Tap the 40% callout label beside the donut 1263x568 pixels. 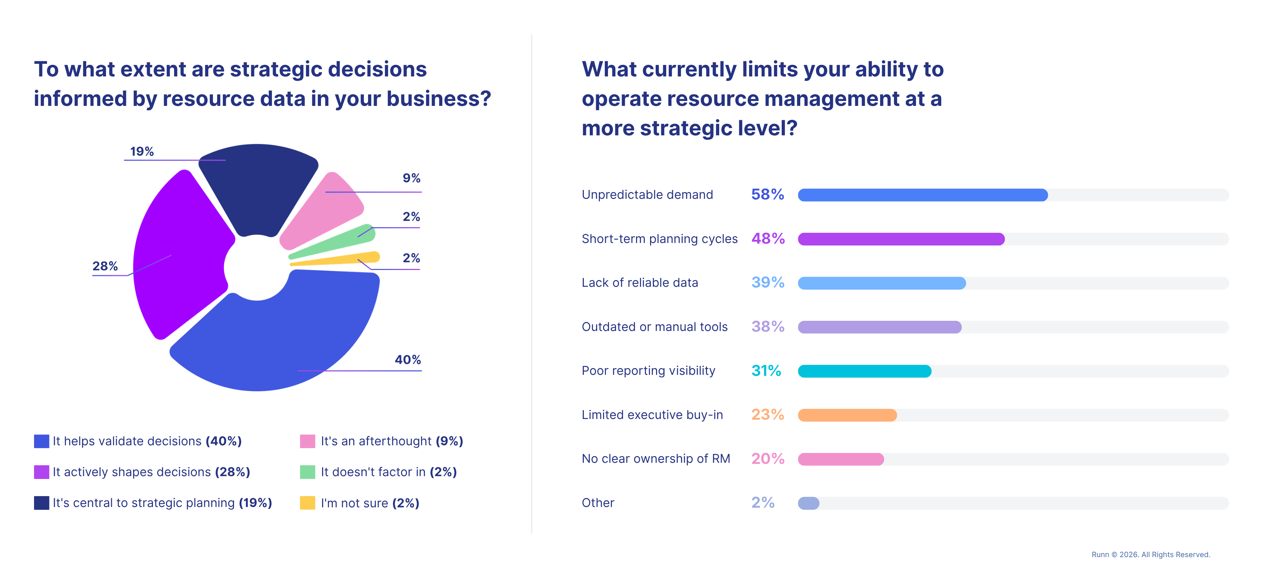pos(407,360)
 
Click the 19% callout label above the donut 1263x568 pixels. pos(142,151)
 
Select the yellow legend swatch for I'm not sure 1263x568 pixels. pos(307,503)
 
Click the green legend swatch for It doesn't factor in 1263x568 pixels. pos(307,472)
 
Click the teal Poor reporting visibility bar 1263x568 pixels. pos(864,371)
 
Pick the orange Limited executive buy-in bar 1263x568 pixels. pos(847,415)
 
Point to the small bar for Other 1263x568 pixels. pos(809,503)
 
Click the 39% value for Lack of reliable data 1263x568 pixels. pos(767,283)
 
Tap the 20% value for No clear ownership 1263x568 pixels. pos(767,459)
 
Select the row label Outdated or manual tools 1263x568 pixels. pos(654,327)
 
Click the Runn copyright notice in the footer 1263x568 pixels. pos(1150,554)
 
